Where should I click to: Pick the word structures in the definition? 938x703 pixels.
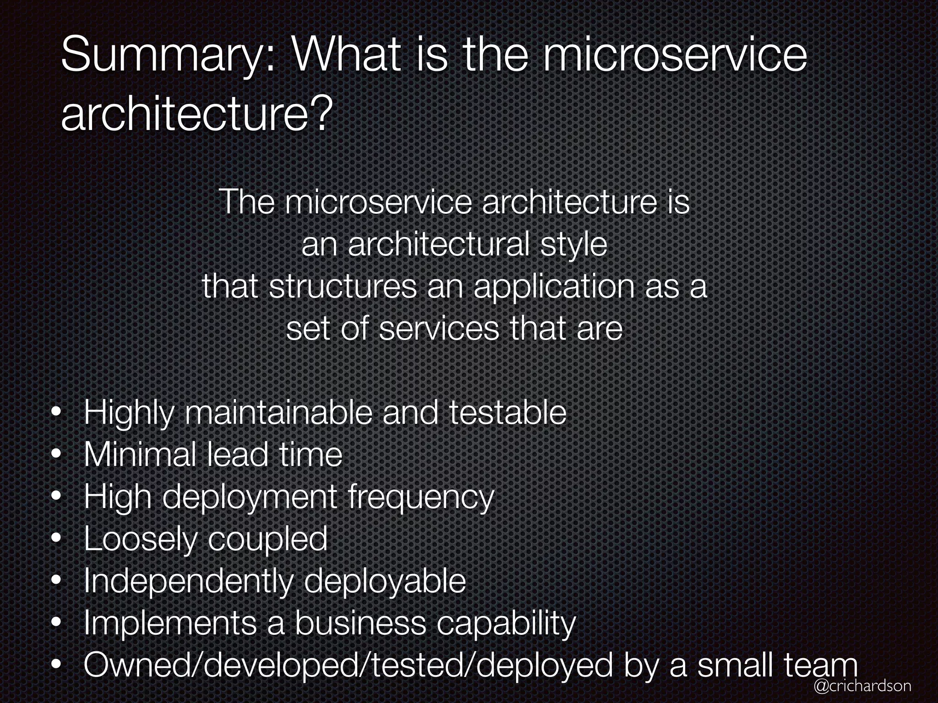tap(343, 287)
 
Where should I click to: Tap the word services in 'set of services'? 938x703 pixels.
tap(439, 328)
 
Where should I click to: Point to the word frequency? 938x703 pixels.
tap(421, 498)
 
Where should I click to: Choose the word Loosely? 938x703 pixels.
tap(140, 540)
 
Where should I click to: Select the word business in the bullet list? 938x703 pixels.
tap(360, 623)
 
